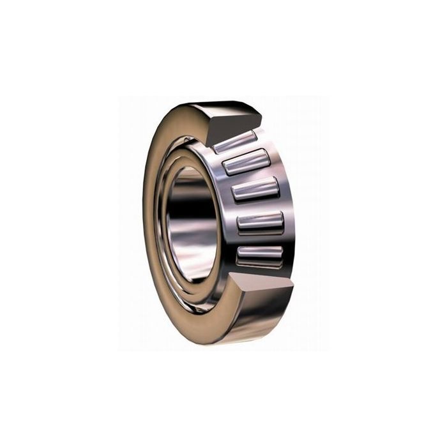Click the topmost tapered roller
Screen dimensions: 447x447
click(x=234, y=142)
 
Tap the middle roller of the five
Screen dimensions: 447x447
click(x=255, y=190)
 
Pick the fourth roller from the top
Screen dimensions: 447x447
click(x=260, y=222)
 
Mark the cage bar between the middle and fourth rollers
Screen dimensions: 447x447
click(x=259, y=206)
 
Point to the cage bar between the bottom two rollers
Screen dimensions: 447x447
click(x=260, y=238)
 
